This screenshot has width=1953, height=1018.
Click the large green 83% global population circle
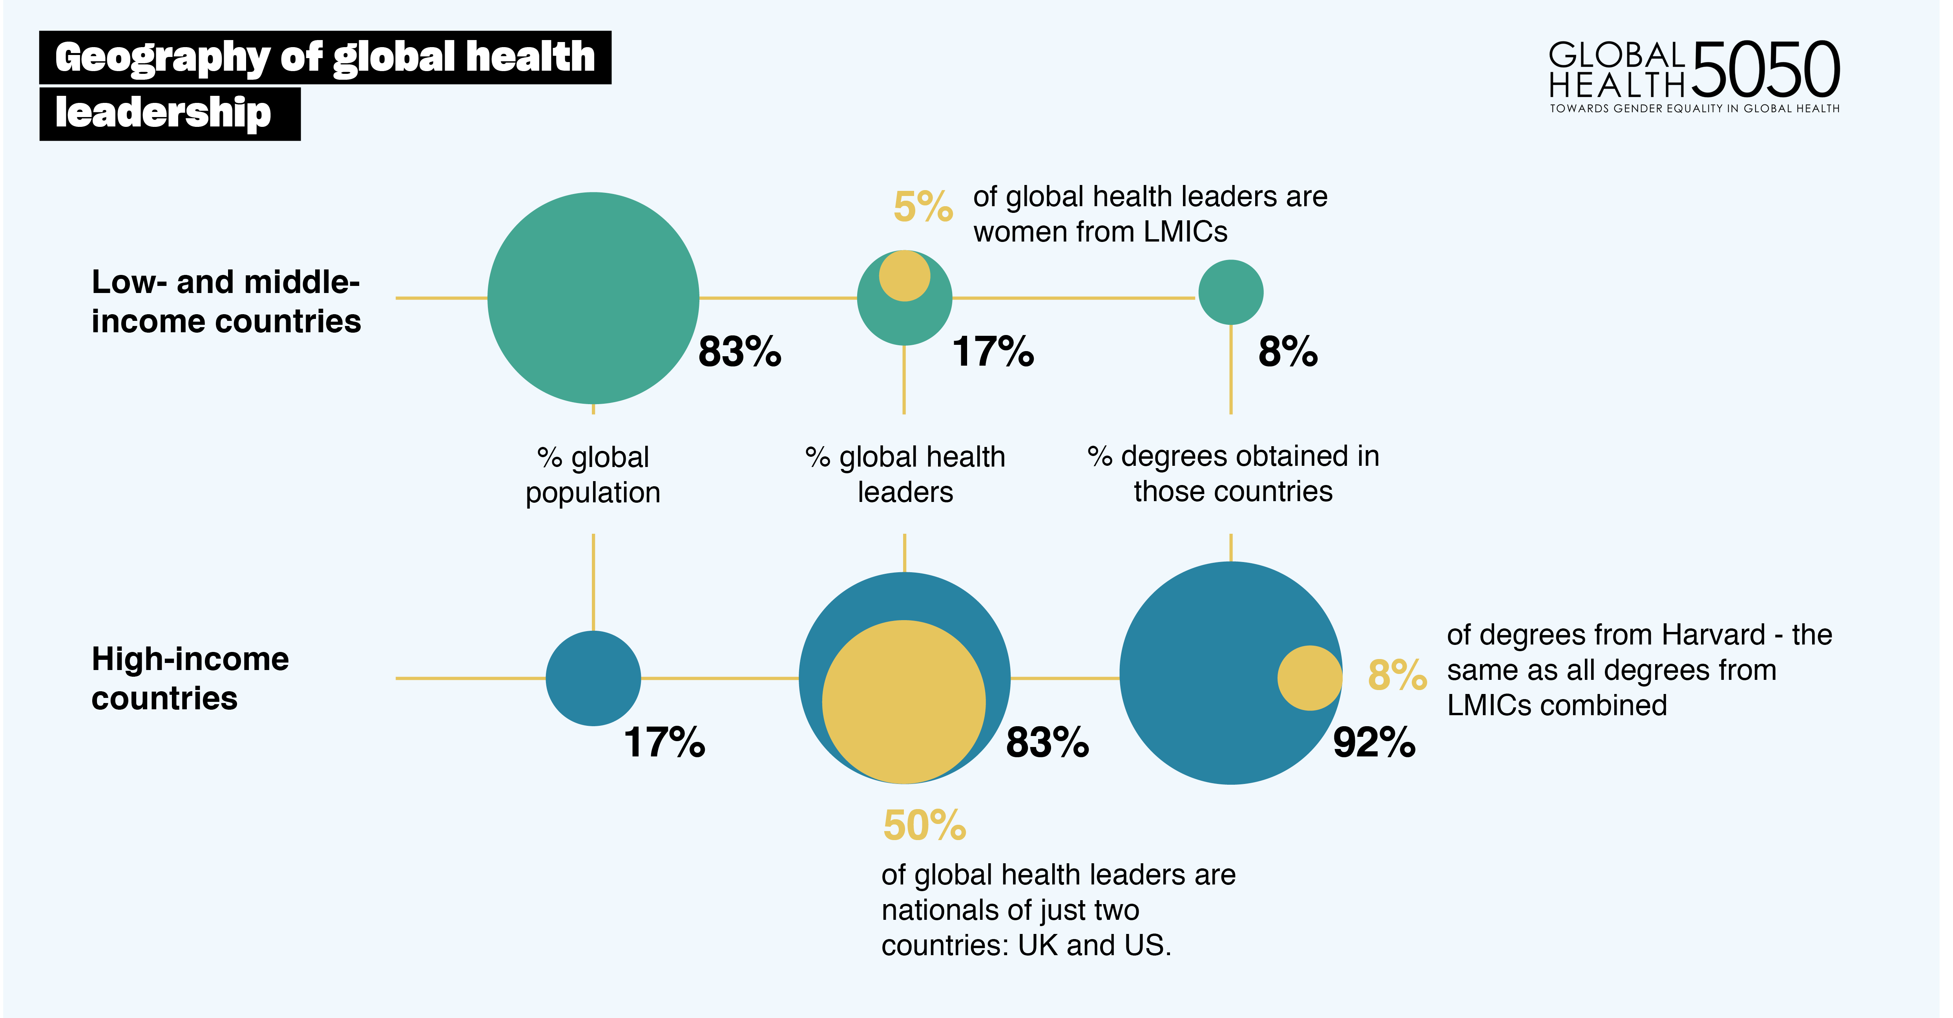[593, 298]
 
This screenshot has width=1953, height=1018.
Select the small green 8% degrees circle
[1230, 292]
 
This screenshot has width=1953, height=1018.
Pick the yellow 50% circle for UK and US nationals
[904, 702]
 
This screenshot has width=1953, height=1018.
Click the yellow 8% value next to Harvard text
[1396, 674]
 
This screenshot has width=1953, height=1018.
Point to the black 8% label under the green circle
[1287, 352]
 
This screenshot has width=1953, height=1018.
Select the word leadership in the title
[163, 113]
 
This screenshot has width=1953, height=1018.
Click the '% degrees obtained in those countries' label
[1233, 474]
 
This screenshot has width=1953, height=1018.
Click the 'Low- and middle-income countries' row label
[226, 301]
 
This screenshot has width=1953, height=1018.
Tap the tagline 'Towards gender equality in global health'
[1694, 108]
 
